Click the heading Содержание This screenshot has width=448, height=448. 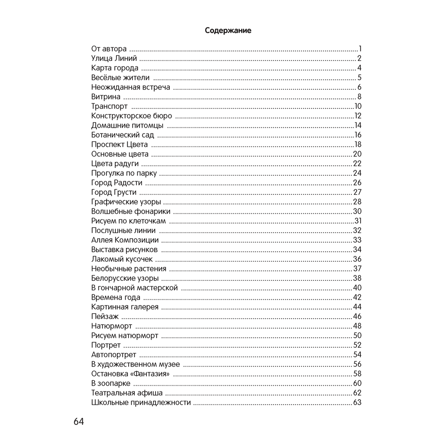pos(228,30)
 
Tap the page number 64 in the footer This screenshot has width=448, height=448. pos(79,422)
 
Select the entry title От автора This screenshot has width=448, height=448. pos(109,49)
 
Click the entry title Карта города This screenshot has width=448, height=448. pos(115,68)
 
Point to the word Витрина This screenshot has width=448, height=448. pos(106,97)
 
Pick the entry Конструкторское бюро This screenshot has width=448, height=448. pos(131,116)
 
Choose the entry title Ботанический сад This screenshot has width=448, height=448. pos(122,135)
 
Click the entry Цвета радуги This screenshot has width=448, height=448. pos(115,164)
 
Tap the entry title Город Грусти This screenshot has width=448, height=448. pos(114,192)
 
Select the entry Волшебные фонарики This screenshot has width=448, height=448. pos(130,211)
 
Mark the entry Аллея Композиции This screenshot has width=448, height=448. pos(125,240)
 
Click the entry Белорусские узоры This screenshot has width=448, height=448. pos(125,278)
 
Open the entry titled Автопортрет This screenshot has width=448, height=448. pos(113,355)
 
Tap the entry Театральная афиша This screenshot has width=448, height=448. pos(127,393)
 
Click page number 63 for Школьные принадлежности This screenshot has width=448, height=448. pos(357,402)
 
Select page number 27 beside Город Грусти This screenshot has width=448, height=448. pos(357,192)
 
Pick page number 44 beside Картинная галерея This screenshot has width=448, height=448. pos(357,307)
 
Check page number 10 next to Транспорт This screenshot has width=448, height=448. pos(358,106)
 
